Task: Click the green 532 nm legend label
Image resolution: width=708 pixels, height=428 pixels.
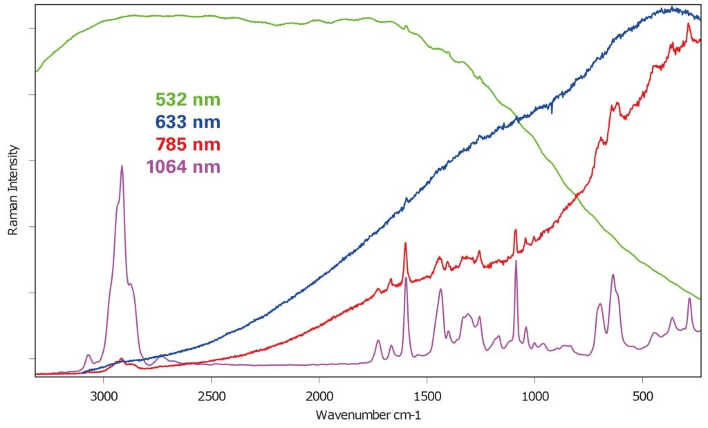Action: [x=188, y=100]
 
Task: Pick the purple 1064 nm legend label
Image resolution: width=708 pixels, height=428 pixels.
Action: [x=183, y=167]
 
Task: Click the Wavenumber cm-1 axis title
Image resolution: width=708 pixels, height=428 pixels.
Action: [x=368, y=416]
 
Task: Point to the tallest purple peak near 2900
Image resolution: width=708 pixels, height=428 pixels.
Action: [x=122, y=166]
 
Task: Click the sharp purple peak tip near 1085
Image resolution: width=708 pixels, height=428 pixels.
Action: [x=516, y=261]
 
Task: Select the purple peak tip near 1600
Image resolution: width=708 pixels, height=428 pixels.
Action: [x=406, y=278]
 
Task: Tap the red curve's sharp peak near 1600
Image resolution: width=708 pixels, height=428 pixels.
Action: [x=405, y=243]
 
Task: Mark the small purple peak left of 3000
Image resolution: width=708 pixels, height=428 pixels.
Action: [x=88, y=355]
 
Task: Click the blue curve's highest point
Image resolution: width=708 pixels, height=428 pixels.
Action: [x=671, y=8]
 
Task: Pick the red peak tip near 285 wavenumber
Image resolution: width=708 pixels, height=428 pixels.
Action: [x=688, y=24]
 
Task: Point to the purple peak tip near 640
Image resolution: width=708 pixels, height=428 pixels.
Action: [x=613, y=275]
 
